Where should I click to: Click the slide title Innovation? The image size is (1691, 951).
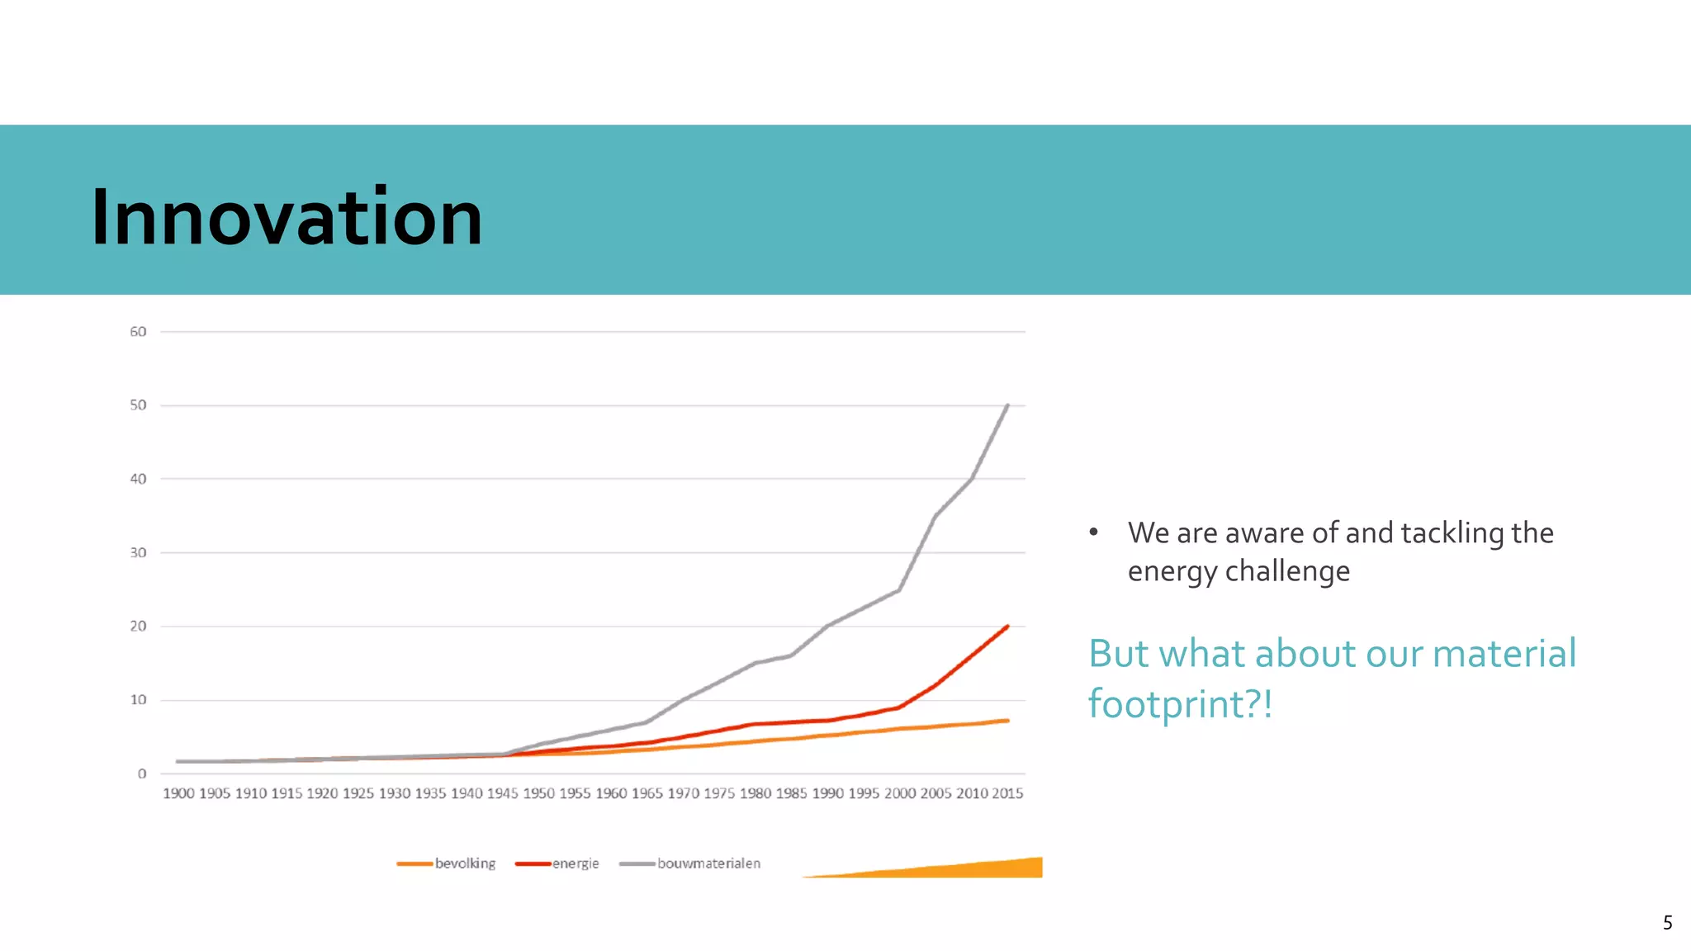[286, 217]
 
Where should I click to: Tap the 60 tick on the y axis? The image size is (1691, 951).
[138, 332]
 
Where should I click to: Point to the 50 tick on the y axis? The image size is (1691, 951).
[138, 405]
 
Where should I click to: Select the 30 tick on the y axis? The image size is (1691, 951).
[138, 552]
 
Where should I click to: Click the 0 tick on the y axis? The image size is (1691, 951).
[142, 774]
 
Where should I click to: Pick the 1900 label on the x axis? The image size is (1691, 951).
[178, 793]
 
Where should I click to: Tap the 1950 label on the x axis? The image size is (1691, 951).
[539, 793]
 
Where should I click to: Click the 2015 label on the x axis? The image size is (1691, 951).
[1007, 793]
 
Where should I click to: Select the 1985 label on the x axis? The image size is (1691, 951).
[791, 793]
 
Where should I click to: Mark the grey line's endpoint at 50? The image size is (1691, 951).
[1007, 405]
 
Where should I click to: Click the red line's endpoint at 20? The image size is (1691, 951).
[1007, 627]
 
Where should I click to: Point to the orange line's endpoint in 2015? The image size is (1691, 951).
[1007, 721]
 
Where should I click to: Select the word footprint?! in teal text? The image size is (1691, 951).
[1180, 704]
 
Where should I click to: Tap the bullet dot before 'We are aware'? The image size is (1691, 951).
[1093, 532]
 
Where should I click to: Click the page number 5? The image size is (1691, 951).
[1667, 923]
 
